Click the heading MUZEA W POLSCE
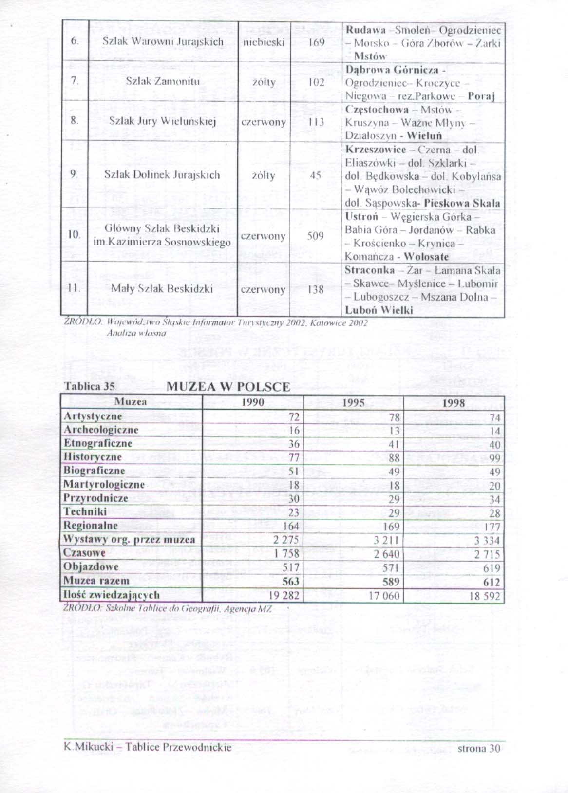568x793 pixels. (x=228, y=387)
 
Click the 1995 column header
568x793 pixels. (x=353, y=403)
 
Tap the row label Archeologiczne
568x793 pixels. (x=101, y=430)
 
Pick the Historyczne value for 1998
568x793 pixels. (x=495, y=458)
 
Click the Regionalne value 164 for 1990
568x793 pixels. (x=291, y=526)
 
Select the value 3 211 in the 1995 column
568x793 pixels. (x=386, y=540)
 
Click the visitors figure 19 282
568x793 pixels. (x=284, y=596)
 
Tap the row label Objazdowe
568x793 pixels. (x=91, y=567)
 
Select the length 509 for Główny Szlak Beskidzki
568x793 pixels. (x=316, y=236)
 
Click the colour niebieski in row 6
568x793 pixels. (x=264, y=42)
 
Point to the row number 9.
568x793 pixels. (x=73, y=175)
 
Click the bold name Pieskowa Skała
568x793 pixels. (x=462, y=203)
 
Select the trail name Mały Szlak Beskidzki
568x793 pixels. (x=162, y=289)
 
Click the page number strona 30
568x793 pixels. (x=478, y=748)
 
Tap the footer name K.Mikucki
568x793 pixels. (x=89, y=747)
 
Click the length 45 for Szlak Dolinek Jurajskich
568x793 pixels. (x=315, y=175)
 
